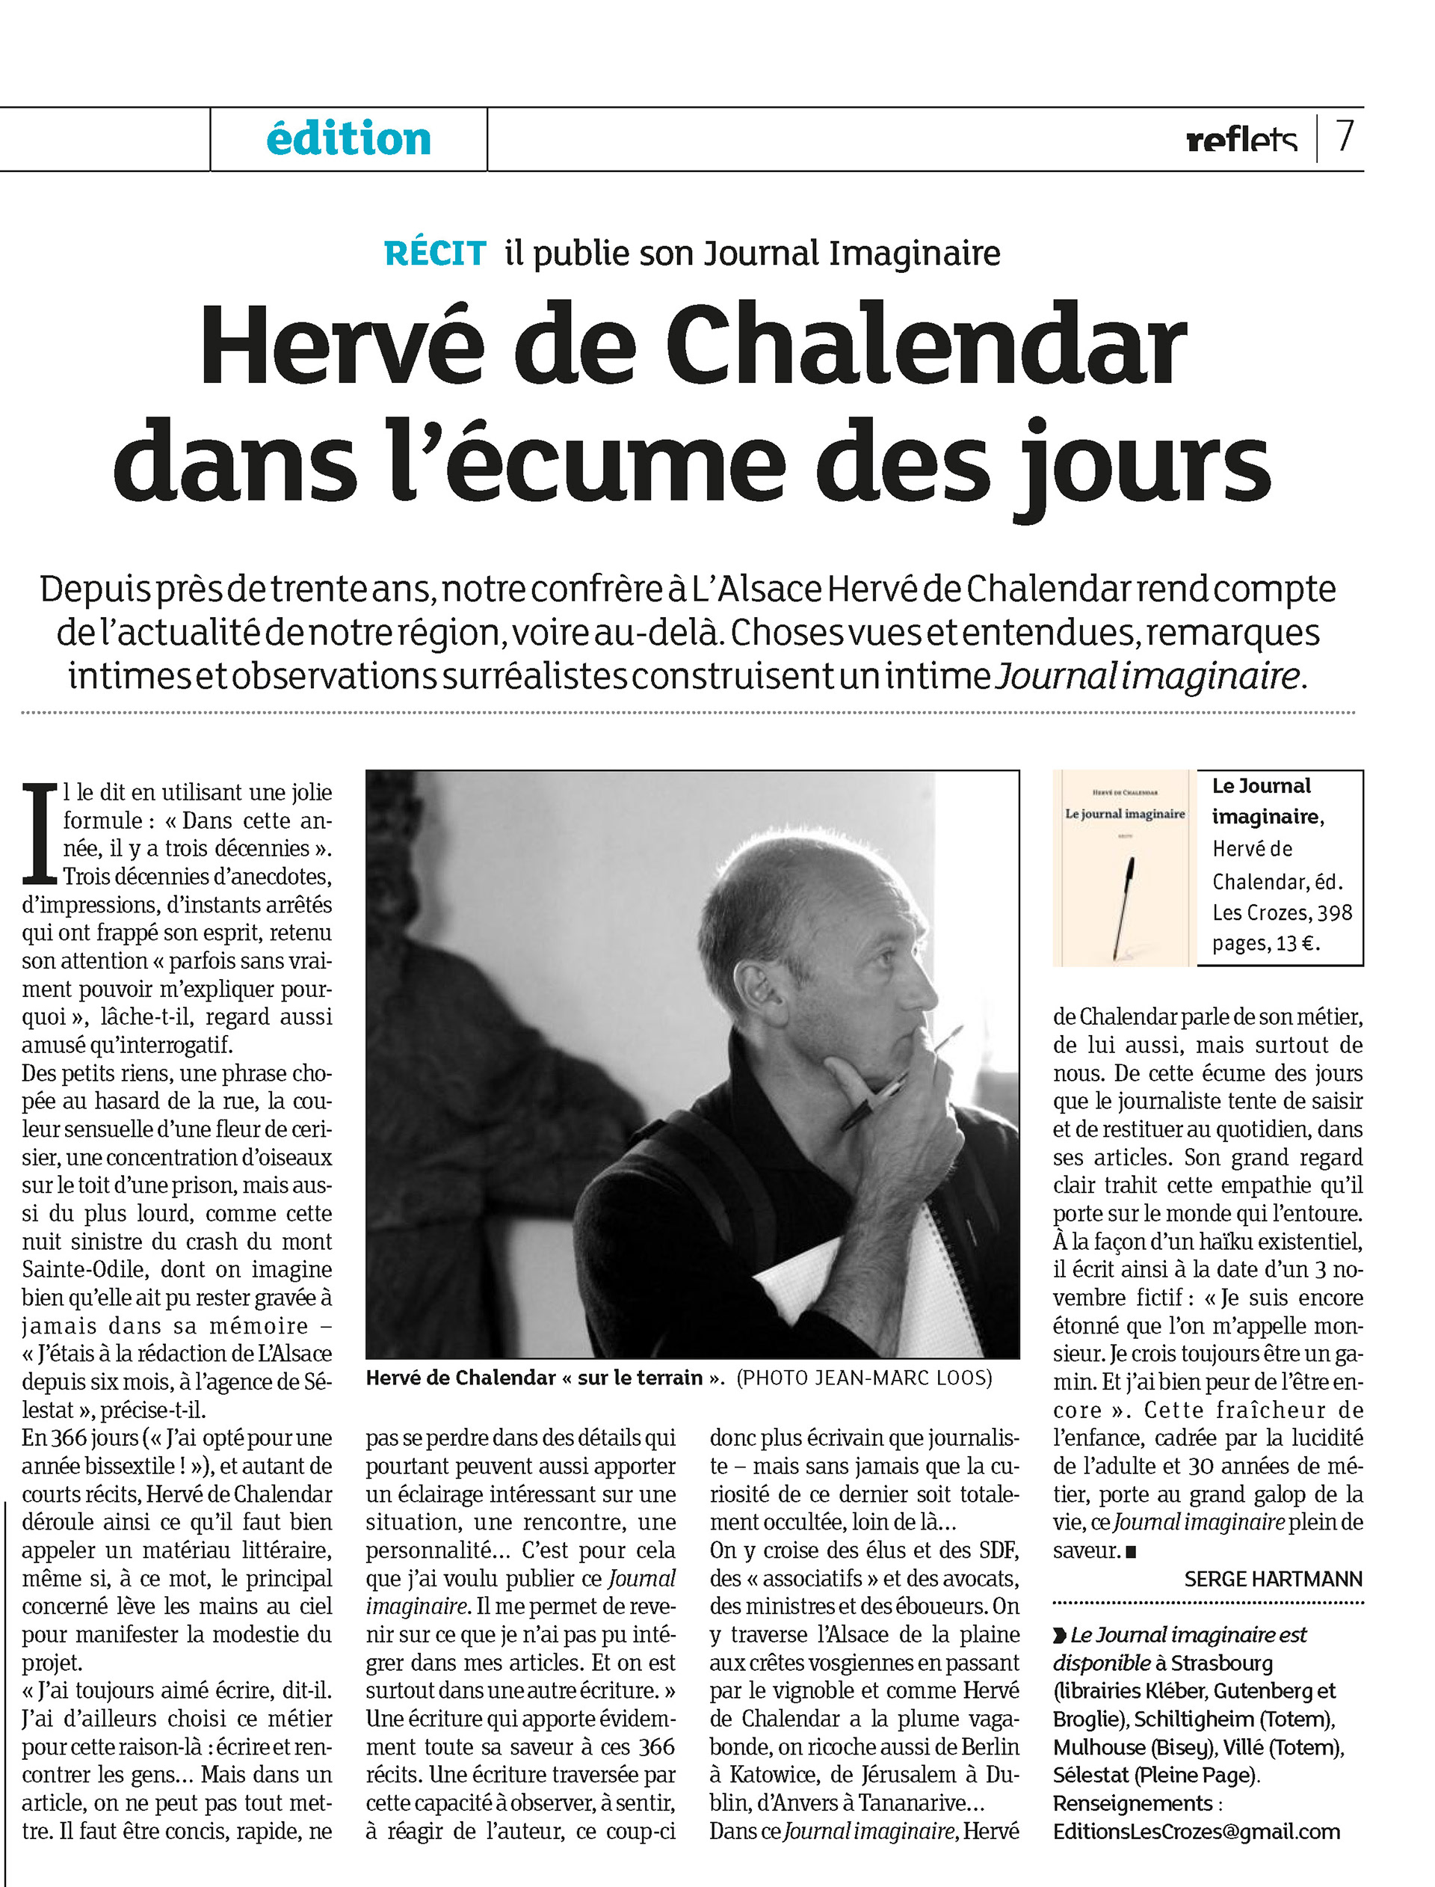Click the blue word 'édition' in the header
click(x=348, y=139)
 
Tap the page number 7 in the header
click(x=1345, y=137)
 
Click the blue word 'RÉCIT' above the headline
click(x=435, y=254)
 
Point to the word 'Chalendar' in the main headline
click(x=926, y=346)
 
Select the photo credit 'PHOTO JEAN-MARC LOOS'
click(x=865, y=1378)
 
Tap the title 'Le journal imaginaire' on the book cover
click(x=1124, y=814)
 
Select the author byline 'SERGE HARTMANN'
click(x=1273, y=1580)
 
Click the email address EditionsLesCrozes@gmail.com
click(x=1196, y=1832)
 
